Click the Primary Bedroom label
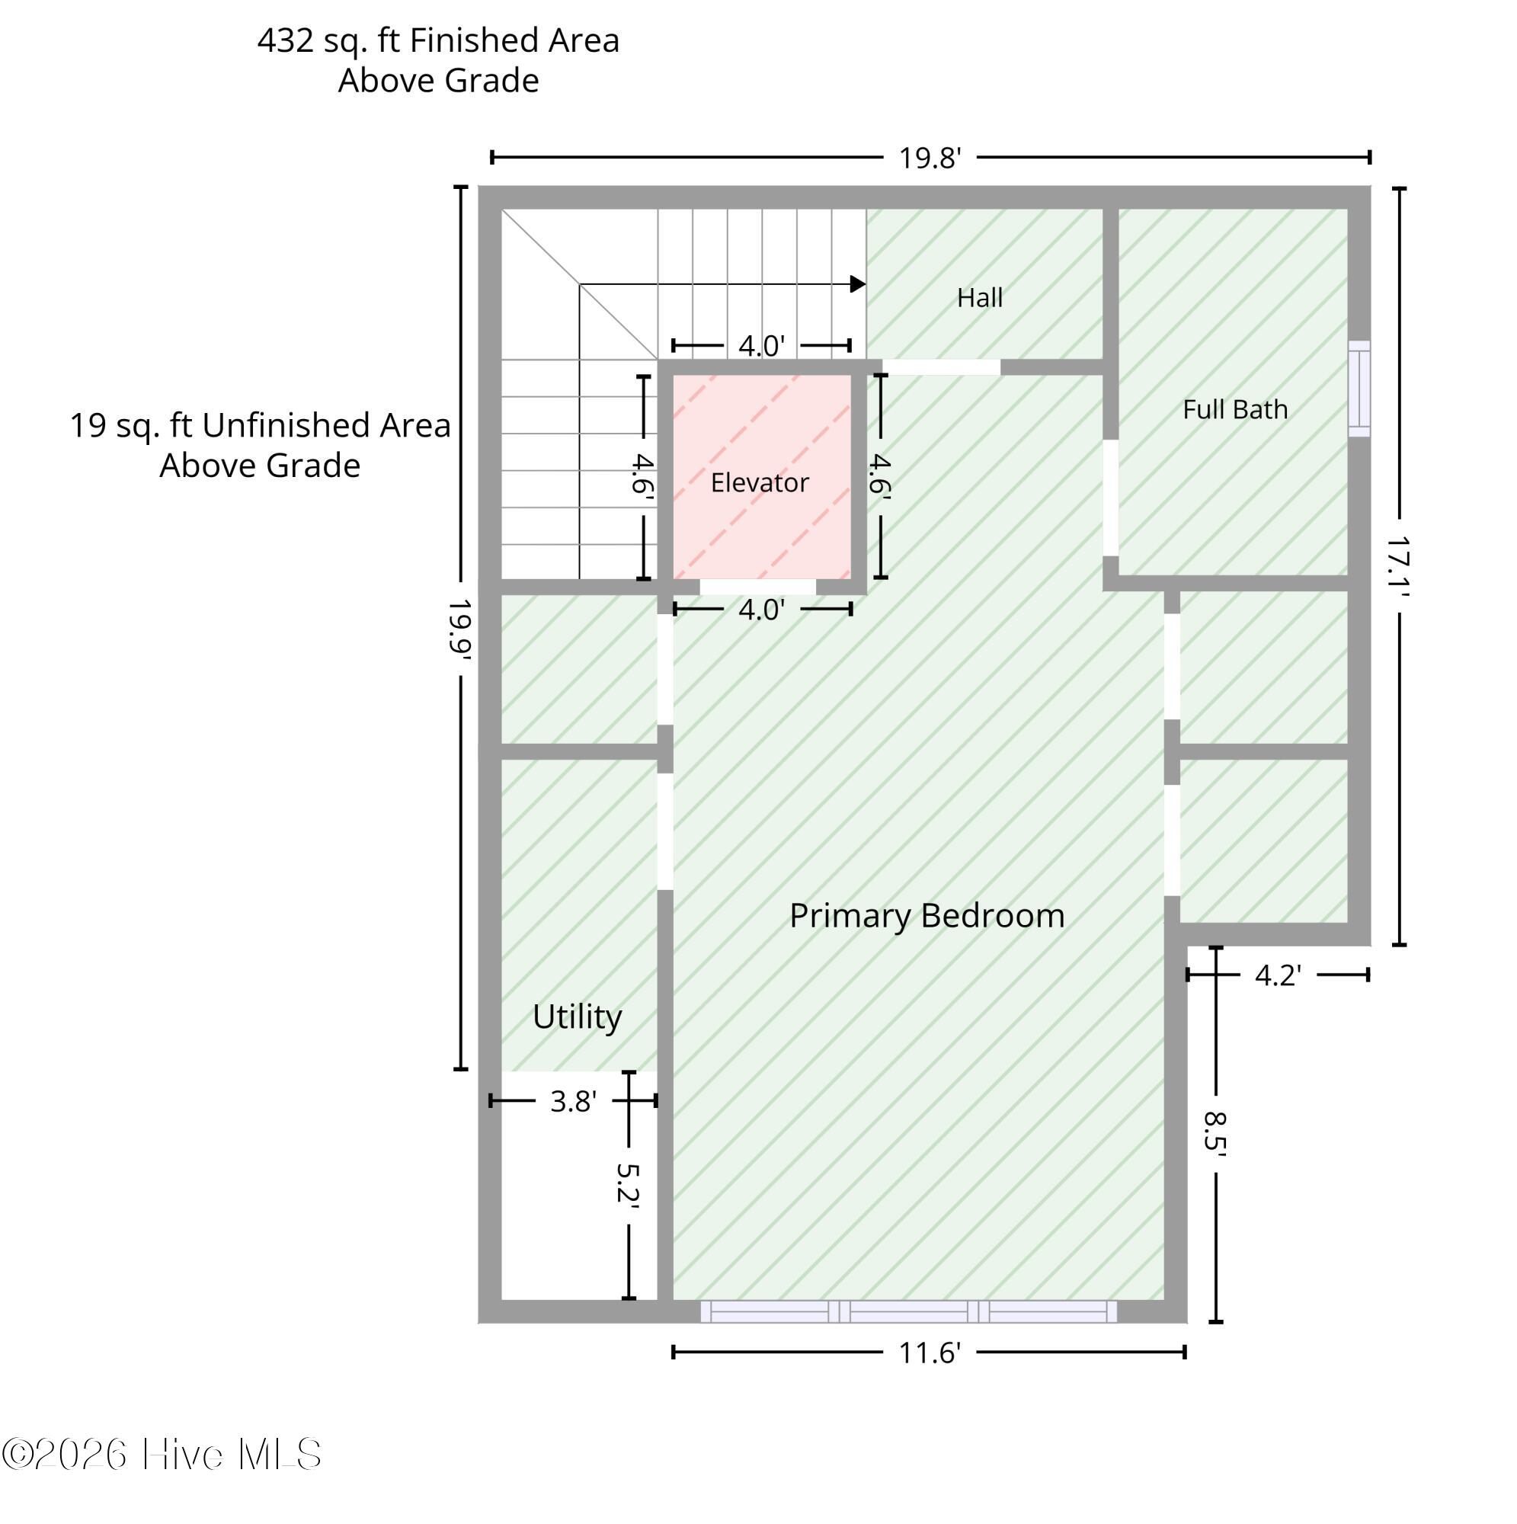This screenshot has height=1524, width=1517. coord(927,916)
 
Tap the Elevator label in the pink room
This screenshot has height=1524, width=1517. coord(760,483)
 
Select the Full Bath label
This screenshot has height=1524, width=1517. coord(1235,409)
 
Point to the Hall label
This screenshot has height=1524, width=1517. coord(980,297)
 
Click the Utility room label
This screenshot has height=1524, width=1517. coord(577,1017)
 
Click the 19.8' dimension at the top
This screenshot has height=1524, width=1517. coord(930,158)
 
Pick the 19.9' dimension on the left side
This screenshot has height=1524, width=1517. coord(460,629)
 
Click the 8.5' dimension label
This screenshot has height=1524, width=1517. coord(1215,1134)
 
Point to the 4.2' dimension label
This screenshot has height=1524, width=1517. coord(1278,976)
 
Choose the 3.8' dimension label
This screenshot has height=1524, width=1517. coord(574,1102)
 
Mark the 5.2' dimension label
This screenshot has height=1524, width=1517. coord(628,1186)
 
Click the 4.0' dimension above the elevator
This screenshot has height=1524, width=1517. coord(762,345)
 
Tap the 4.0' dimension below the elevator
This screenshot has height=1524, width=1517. coord(762,610)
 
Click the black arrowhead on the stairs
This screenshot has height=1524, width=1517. coord(858,284)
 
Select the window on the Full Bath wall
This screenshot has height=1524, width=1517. coord(1359,388)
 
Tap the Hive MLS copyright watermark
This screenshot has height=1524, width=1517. coord(161,1454)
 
